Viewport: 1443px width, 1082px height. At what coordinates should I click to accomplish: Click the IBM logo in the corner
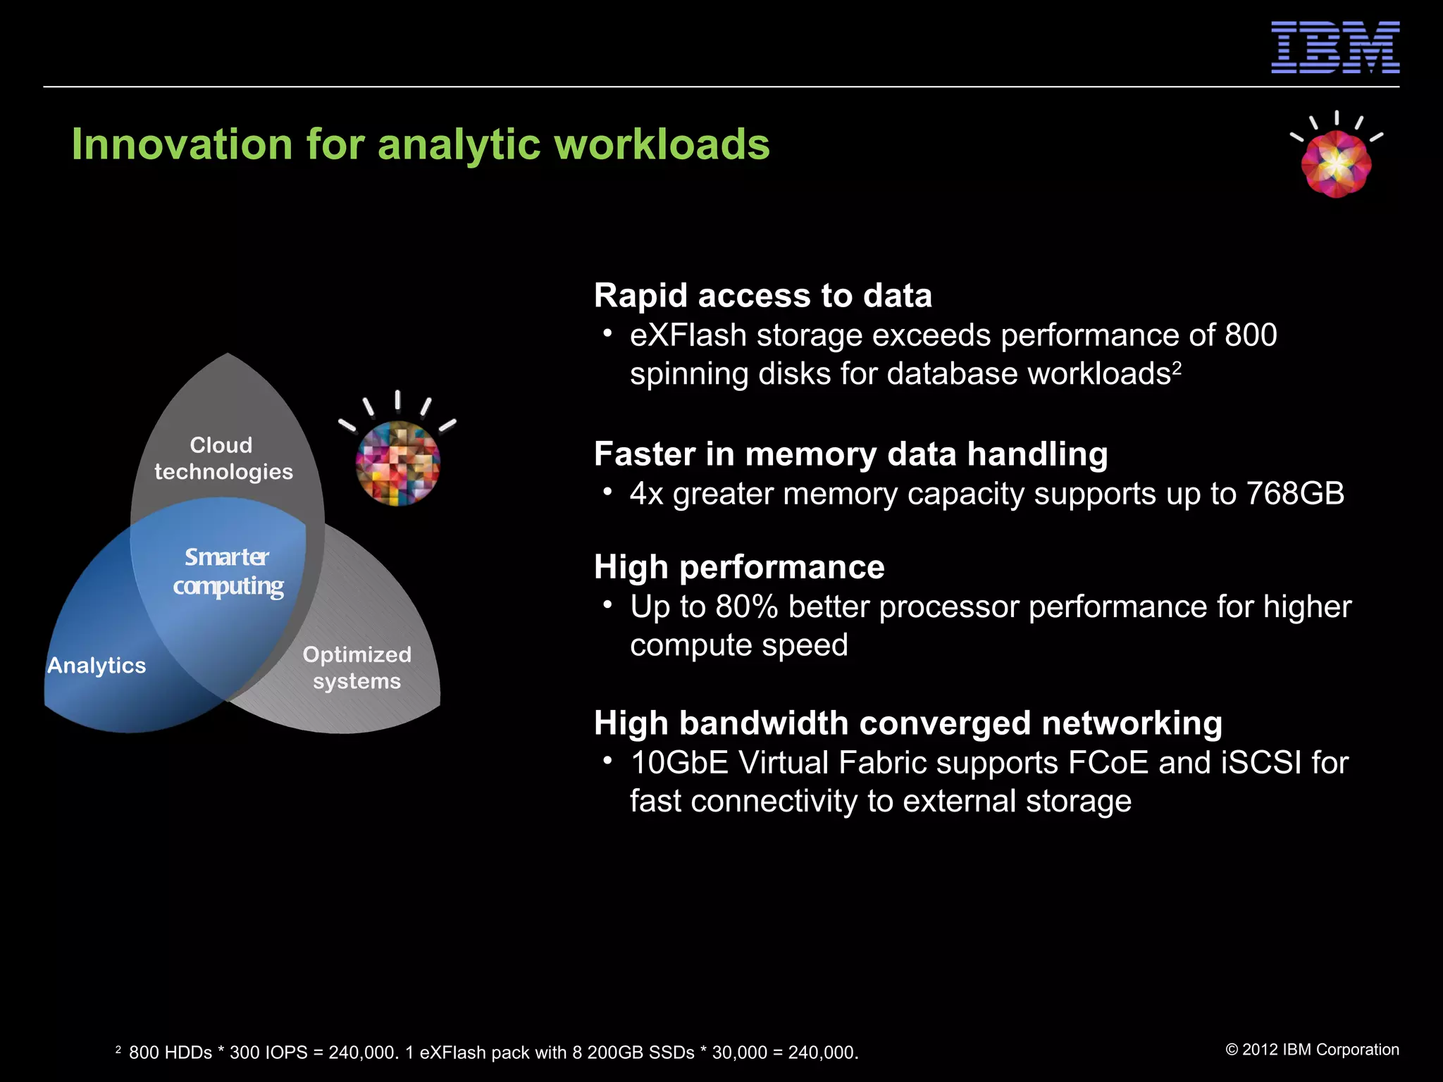[x=1334, y=47]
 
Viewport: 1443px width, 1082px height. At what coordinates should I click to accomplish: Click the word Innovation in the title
[x=182, y=144]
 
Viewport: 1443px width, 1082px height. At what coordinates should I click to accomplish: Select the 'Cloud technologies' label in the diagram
[x=223, y=459]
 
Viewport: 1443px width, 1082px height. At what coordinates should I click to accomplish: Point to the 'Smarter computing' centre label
[x=228, y=571]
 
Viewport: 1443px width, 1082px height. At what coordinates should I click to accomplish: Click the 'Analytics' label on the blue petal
[x=97, y=666]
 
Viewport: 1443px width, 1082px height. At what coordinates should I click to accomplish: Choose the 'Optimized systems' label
[x=357, y=668]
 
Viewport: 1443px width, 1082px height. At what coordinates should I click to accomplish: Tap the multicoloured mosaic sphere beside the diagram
[x=398, y=462]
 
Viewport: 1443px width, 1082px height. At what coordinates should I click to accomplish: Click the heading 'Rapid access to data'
[x=762, y=295]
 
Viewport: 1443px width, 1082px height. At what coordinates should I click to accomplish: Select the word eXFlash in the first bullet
[x=688, y=335]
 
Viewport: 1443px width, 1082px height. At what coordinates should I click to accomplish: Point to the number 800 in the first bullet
[x=1251, y=335]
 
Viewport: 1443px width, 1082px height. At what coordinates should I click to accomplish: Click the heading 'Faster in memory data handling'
[x=850, y=454]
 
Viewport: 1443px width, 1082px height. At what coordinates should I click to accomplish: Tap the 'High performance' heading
[x=739, y=567]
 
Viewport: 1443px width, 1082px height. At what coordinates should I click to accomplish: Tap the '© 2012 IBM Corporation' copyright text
[x=1312, y=1050]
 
